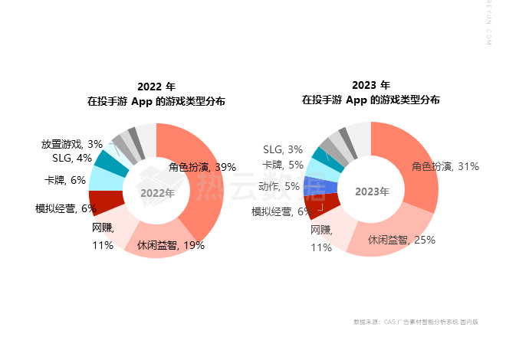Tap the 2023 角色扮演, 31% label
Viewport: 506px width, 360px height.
coord(445,165)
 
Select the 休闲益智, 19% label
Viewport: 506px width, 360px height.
coord(170,246)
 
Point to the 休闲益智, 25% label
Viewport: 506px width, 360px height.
coord(401,240)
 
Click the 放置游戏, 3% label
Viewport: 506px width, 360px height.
coord(72,144)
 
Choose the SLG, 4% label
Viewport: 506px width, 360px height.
coord(72,158)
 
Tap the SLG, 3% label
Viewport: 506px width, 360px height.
coord(283,149)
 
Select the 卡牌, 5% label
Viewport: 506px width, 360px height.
coord(283,165)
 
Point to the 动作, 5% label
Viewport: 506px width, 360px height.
coord(279,186)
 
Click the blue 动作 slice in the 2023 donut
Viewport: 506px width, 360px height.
coord(314,186)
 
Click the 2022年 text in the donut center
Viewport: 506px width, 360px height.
coord(157,193)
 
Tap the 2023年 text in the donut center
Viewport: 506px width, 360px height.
coord(372,191)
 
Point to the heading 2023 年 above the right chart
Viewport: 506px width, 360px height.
coord(371,85)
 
